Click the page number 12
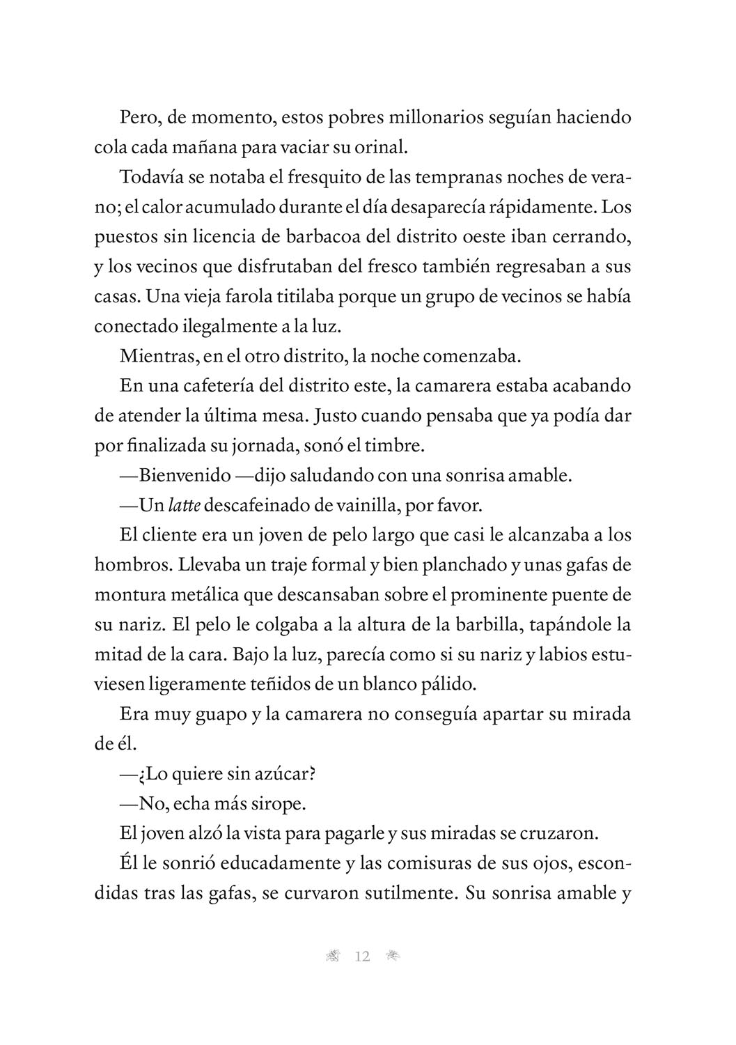click(x=362, y=956)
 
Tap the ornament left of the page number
click(x=333, y=956)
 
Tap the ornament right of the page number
click(x=393, y=956)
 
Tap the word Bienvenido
click(x=185, y=476)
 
